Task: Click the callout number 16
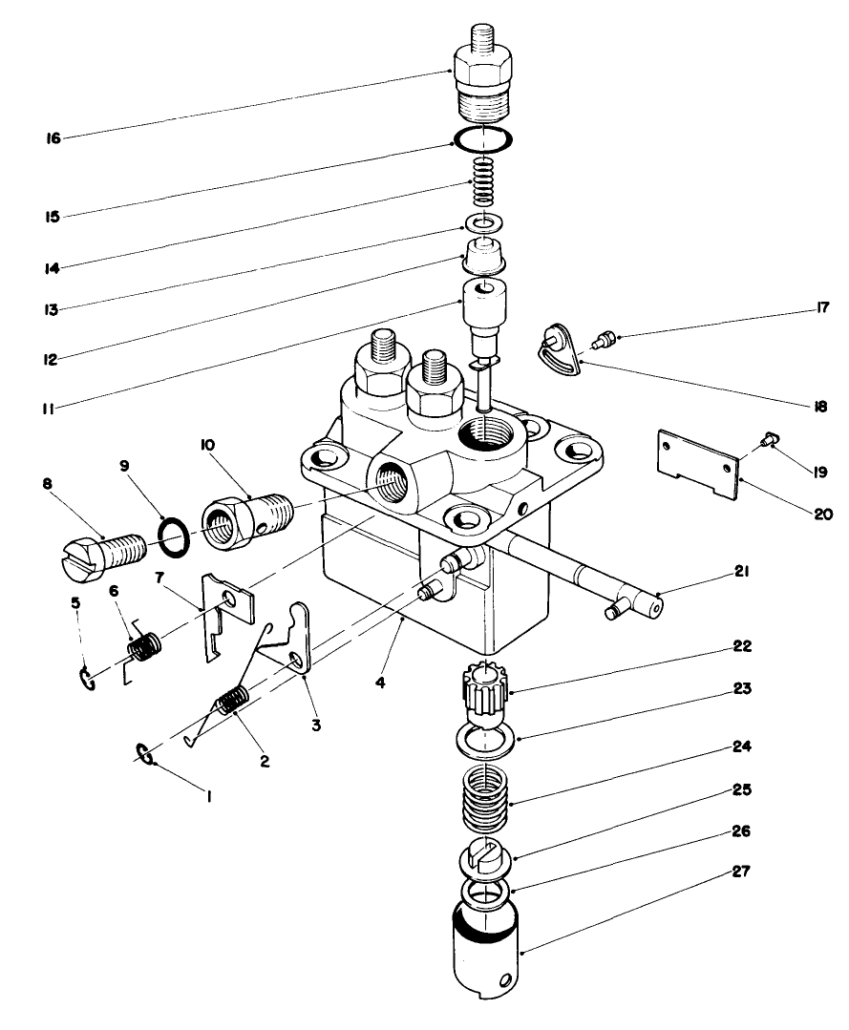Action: (53, 138)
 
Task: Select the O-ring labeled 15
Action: (484, 139)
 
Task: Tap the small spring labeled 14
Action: (485, 180)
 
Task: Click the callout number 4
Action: (380, 684)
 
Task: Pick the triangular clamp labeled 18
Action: (557, 354)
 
